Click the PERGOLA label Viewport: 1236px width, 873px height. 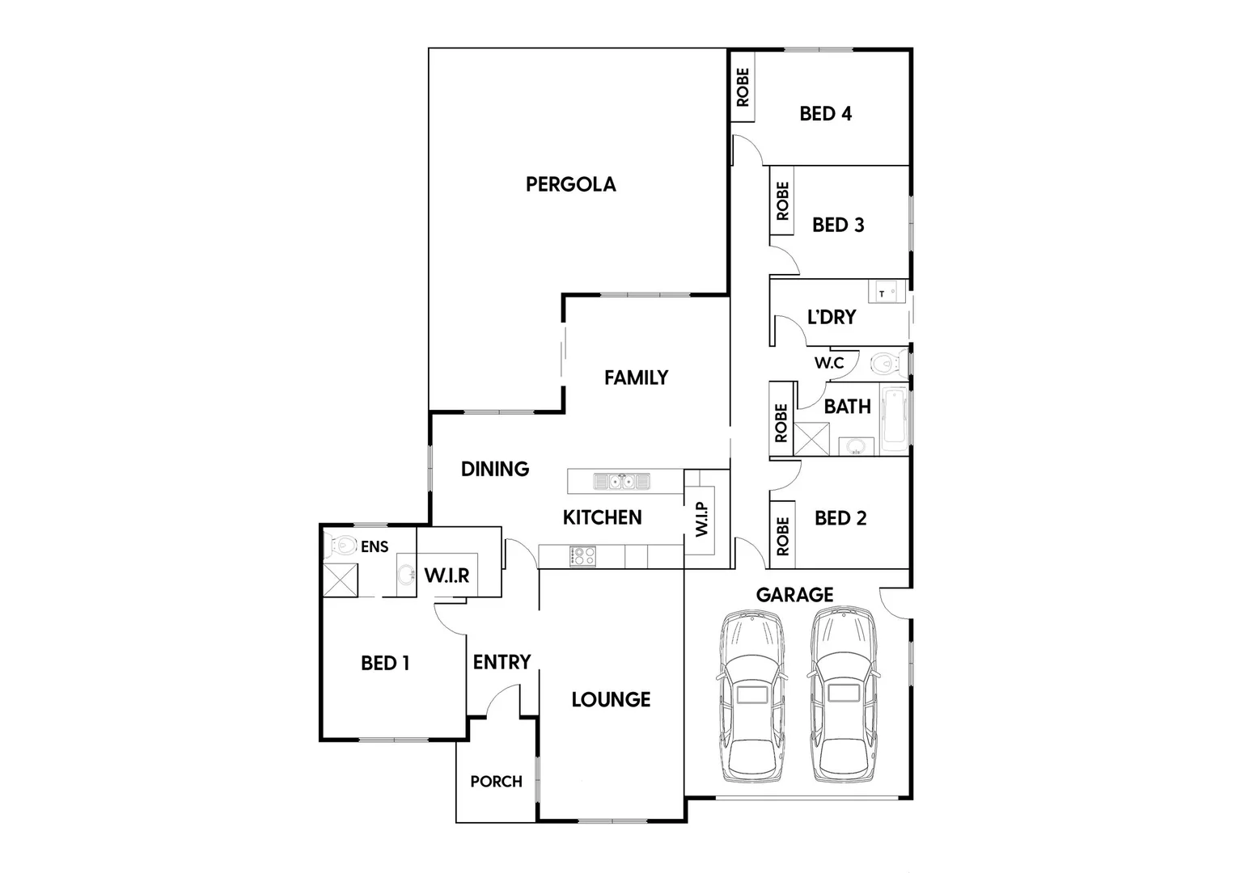pos(570,184)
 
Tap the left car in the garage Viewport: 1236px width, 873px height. pos(751,696)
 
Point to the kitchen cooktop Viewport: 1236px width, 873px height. pos(582,556)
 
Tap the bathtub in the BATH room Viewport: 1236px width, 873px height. pos(895,419)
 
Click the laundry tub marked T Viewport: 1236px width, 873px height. pos(887,291)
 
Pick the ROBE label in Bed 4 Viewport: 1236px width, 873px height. pos(743,87)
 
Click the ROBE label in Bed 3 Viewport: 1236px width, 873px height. pos(782,200)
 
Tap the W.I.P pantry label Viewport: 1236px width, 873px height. pos(701,519)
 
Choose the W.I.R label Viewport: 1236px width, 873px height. pos(447,576)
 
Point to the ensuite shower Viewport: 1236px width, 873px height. pos(340,580)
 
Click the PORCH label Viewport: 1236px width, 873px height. pos(496,782)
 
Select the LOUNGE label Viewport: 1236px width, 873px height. pos(611,699)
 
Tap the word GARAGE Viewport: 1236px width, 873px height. pos(794,595)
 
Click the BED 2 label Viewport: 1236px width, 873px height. pos(840,518)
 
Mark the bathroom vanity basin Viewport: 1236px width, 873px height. pos(856,445)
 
